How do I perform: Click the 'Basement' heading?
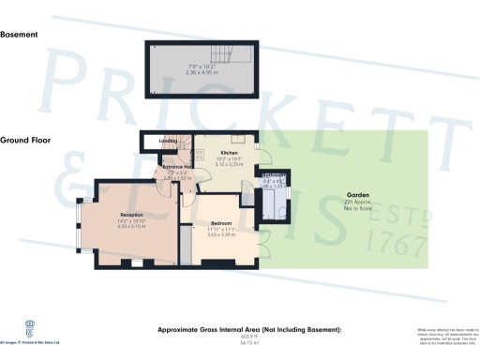(20, 35)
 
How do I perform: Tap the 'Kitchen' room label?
(230, 152)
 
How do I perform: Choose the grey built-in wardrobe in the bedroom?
(185, 247)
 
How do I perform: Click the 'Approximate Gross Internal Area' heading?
(247, 331)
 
